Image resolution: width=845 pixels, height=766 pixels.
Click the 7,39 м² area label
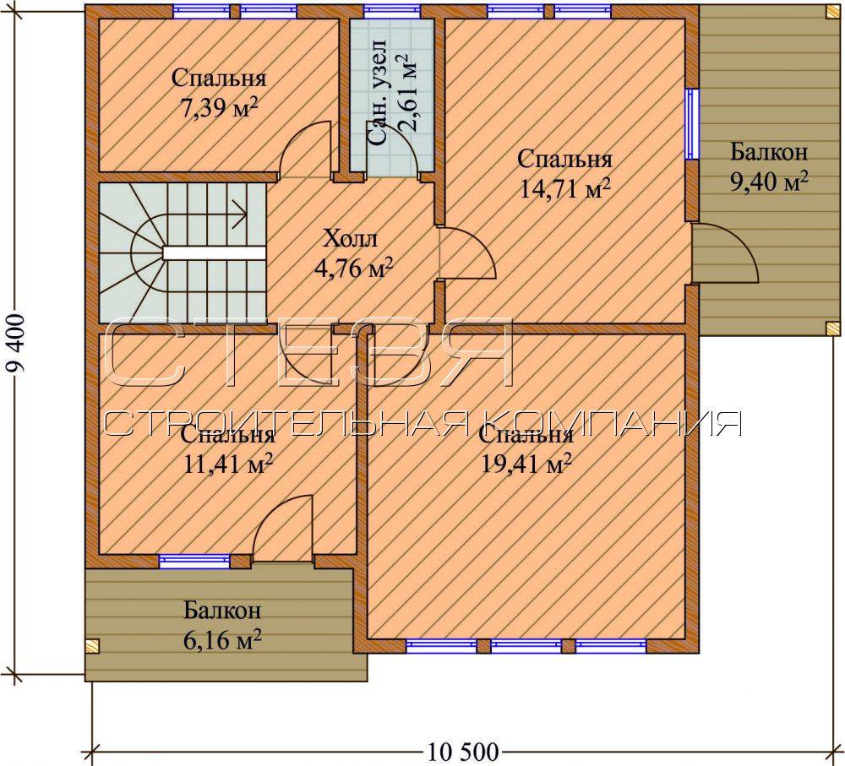click(x=218, y=109)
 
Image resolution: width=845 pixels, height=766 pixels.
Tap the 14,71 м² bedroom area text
click(x=564, y=189)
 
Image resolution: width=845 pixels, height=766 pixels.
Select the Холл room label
click(x=350, y=238)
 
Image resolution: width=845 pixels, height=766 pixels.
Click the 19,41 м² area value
click(x=526, y=464)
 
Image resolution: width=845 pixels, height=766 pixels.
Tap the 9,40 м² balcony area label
click(x=769, y=182)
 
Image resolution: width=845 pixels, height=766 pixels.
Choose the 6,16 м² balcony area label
click(x=222, y=640)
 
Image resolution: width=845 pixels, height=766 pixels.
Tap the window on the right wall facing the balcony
click(x=691, y=124)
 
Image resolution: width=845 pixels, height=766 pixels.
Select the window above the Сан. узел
click(x=392, y=11)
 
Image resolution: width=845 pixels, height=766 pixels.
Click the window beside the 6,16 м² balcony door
click(x=194, y=562)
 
